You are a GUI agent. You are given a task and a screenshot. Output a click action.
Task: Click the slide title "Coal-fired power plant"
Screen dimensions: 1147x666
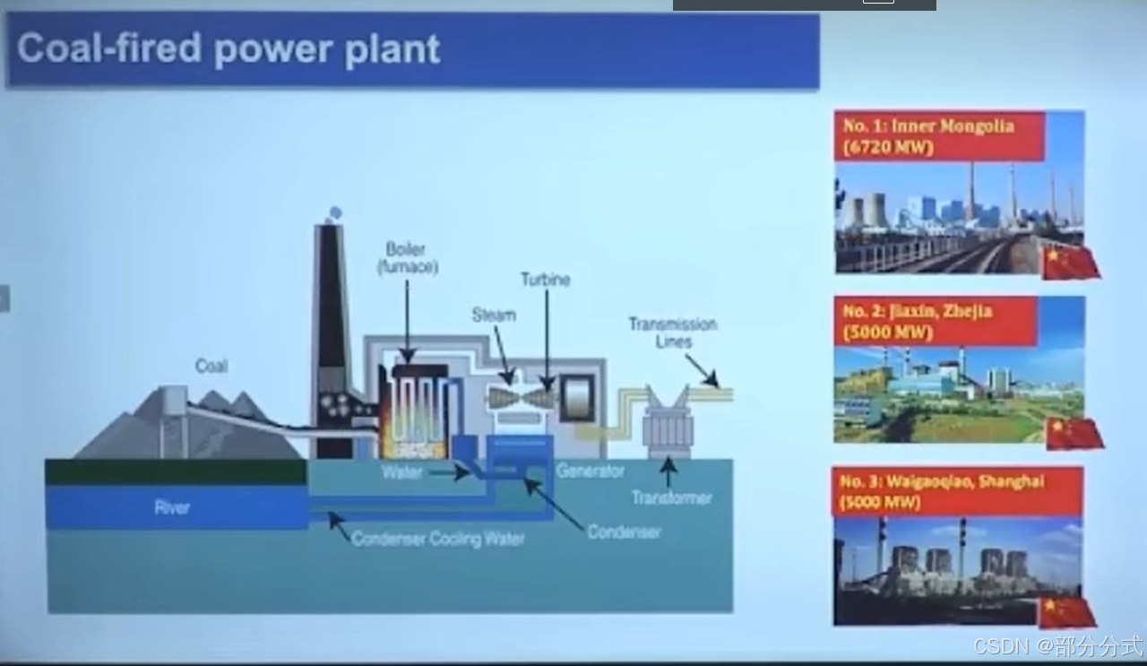pyautogui.click(x=229, y=48)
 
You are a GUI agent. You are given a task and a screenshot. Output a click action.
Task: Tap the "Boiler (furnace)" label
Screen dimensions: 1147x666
pyautogui.click(x=407, y=257)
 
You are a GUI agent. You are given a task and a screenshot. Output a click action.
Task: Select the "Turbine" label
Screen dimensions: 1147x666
pyautogui.click(x=545, y=280)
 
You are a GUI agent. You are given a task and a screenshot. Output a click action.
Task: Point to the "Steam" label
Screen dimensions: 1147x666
pyautogui.click(x=494, y=315)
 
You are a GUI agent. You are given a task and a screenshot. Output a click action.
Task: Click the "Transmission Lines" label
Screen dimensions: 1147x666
pyautogui.click(x=672, y=332)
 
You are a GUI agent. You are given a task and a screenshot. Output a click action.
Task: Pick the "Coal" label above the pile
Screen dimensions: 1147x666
pyautogui.click(x=211, y=366)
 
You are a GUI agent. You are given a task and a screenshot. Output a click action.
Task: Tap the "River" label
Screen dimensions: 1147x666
pyautogui.click(x=172, y=507)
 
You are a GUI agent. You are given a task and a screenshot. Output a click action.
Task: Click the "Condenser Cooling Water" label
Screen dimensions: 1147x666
pyautogui.click(x=438, y=539)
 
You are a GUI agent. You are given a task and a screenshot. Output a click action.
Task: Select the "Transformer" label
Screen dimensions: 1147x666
pyautogui.click(x=671, y=497)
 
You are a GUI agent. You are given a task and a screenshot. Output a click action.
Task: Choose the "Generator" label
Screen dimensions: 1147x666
pyautogui.click(x=591, y=471)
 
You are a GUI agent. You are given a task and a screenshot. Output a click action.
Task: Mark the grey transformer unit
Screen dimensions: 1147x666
pyautogui.click(x=668, y=428)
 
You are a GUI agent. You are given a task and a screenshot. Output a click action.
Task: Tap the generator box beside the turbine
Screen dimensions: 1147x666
pyautogui.click(x=577, y=395)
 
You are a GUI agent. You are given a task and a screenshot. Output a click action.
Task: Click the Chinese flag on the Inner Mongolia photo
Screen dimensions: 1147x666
pyautogui.click(x=1071, y=262)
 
